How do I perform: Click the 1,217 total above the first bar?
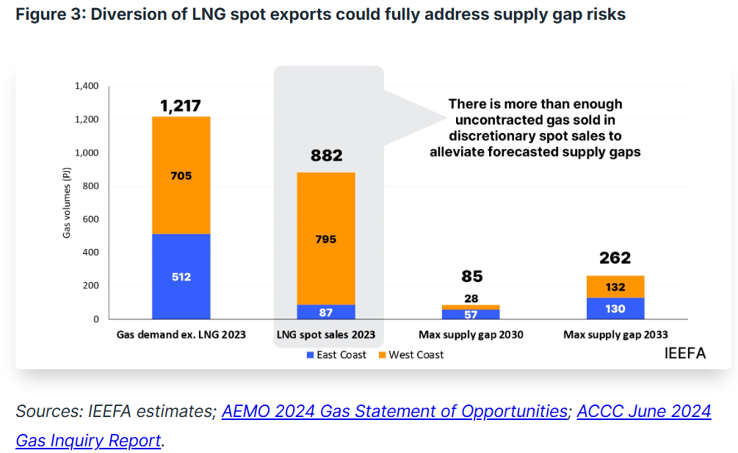(x=181, y=106)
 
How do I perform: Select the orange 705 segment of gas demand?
(x=181, y=175)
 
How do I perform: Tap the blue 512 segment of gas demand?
(x=181, y=277)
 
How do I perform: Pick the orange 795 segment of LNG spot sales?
(x=326, y=239)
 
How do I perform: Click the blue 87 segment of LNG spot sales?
(x=326, y=312)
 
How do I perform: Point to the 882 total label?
(x=326, y=156)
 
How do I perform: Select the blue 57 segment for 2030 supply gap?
(x=471, y=314)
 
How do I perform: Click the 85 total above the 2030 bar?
(x=471, y=276)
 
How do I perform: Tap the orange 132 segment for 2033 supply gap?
(x=615, y=287)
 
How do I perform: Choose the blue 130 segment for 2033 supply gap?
(x=615, y=308)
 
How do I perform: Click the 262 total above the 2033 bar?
(x=615, y=258)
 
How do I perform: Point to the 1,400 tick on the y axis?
(x=87, y=87)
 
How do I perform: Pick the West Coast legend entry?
(x=411, y=355)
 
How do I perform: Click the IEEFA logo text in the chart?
(x=684, y=353)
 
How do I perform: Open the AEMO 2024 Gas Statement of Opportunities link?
(x=394, y=411)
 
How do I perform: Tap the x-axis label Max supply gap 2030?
(x=471, y=335)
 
